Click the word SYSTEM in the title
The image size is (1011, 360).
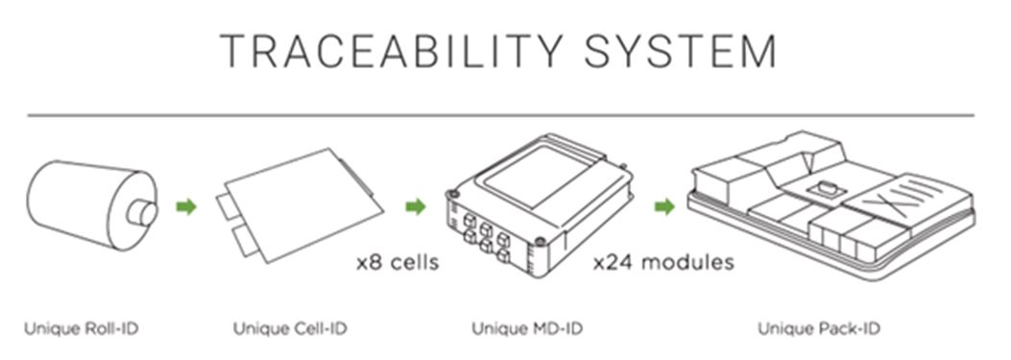point(680,51)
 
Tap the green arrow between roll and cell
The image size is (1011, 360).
point(186,207)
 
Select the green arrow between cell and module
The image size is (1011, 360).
point(415,207)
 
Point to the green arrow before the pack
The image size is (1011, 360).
point(664,207)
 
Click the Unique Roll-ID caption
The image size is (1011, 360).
point(82,329)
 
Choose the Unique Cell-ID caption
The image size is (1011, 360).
point(290,329)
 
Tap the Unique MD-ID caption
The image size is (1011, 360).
point(527,329)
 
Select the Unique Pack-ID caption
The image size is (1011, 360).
point(819,329)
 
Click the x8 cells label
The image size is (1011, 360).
point(397,263)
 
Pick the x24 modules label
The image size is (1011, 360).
point(663,263)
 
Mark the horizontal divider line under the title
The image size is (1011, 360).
point(500,115)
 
